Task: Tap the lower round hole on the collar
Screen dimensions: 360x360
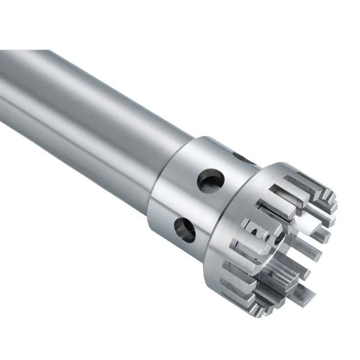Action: click(x=185, y=230)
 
